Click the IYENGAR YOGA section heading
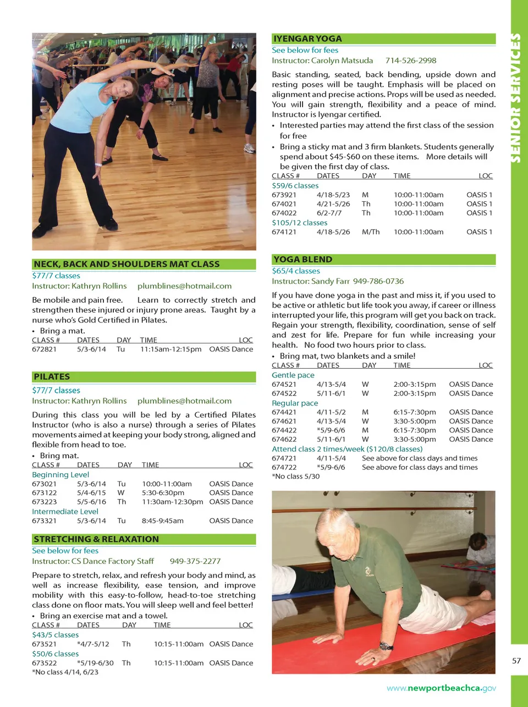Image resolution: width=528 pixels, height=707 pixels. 307,39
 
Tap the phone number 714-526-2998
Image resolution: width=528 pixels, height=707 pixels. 410,61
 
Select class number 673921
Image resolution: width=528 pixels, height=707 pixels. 284,195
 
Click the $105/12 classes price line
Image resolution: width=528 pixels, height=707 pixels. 299,223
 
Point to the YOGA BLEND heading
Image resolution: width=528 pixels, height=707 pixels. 302,259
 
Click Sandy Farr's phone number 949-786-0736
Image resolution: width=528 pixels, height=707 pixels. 378,281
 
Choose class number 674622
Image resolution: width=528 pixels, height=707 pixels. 284,440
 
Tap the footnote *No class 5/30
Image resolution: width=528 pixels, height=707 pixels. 295,476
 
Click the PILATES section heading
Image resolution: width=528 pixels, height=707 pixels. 52,377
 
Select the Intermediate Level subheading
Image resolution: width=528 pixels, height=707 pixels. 65,512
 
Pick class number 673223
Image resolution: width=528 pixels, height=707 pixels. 44,502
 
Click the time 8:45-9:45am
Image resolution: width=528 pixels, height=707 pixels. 163,521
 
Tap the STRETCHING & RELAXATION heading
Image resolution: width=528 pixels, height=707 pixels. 96,539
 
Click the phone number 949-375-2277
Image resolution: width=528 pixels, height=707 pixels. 195,561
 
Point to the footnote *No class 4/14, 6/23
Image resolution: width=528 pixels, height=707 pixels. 65,672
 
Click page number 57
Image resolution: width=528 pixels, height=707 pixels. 516,661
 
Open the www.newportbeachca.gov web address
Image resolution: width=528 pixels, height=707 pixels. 441,688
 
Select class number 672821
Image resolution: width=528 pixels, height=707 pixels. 44,349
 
